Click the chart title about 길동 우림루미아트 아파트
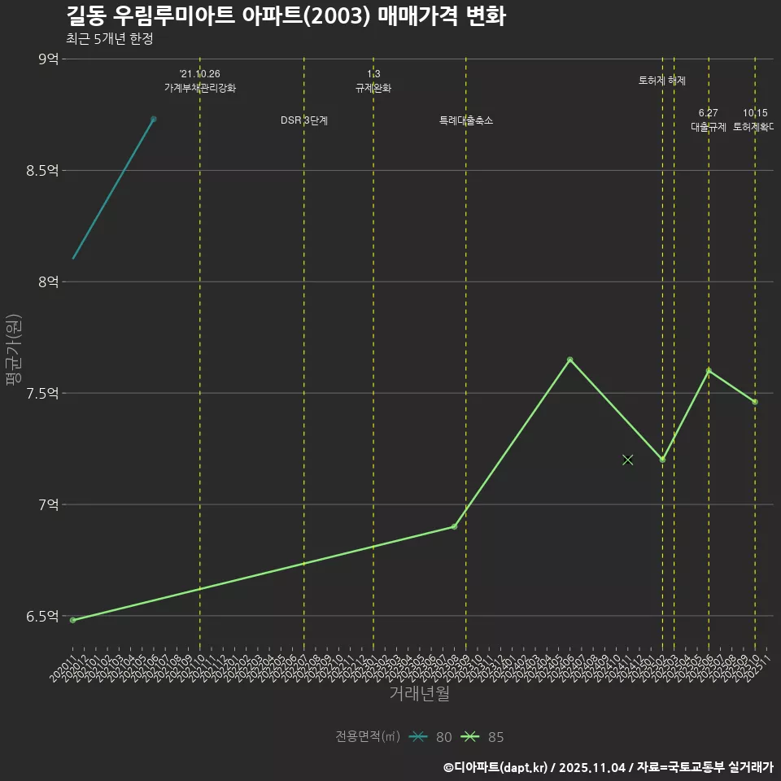click(x=285, y=16)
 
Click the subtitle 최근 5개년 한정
click(x=109, y=38)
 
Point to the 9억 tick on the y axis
click(x=48, y=59)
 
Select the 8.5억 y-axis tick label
click(x=42, y=170)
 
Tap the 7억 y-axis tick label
click(x=48, y=504)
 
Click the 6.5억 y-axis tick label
click(x=42, y=616)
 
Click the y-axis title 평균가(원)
click(x=14, y=350)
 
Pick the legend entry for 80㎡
click(x=431, y=737)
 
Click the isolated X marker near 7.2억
click(x=627, y=460)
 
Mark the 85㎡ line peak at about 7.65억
click(x=569, y=360)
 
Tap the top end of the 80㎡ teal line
click(x=154, y=119)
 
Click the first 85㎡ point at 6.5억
click(x=72, y=620)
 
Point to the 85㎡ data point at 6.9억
click(x=454, y=526)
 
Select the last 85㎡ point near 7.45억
click(x=755, y=402)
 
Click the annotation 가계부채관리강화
click(x=200, y=88)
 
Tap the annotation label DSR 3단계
click(x=304, y=120)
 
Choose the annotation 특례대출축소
click(x=466, y=120)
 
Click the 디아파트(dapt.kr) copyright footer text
click(x=608, y=766)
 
